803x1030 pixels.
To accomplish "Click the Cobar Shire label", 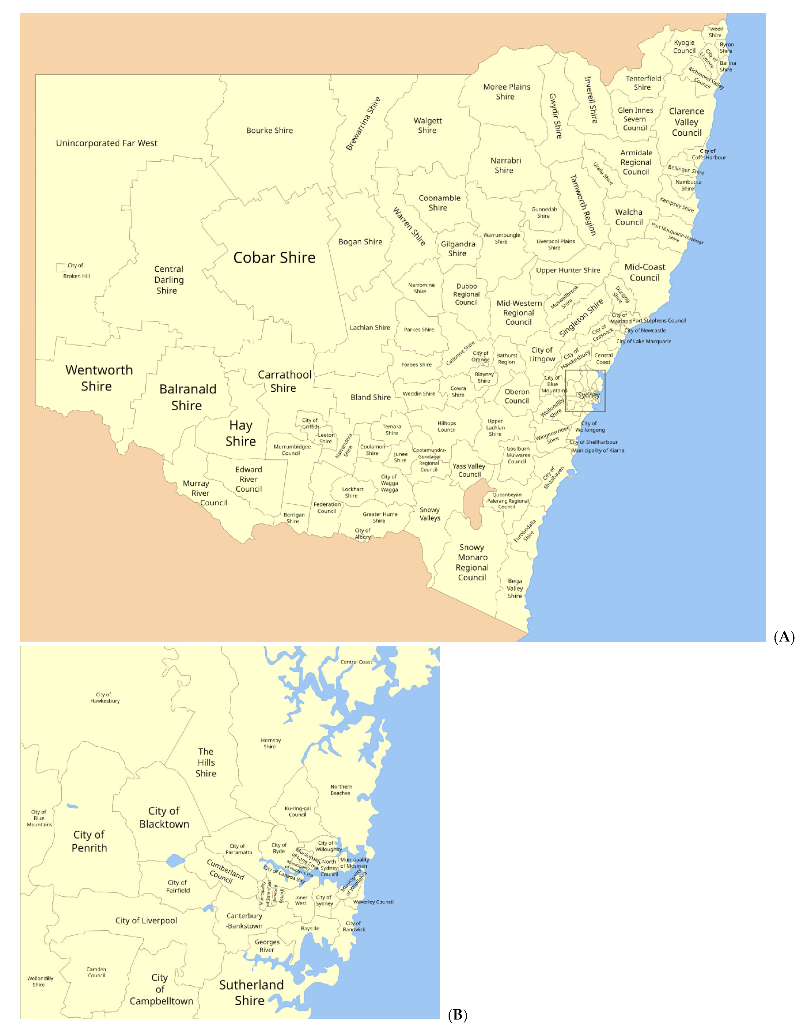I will click(274, 257).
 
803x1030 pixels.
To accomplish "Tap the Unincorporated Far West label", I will click(106, 143).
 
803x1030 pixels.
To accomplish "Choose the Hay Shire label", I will click(241, 433).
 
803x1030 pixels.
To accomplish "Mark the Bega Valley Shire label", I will click(515, 588).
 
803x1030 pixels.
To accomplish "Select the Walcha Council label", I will click(629, 217).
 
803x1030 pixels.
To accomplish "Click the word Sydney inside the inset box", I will click(589, 395).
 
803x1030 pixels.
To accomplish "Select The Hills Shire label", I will click(206, 762).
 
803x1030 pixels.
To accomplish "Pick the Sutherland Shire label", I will click(251, 992).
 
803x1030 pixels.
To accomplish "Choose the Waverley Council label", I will click(373, 902).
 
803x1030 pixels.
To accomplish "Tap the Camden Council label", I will click(96, 972).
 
